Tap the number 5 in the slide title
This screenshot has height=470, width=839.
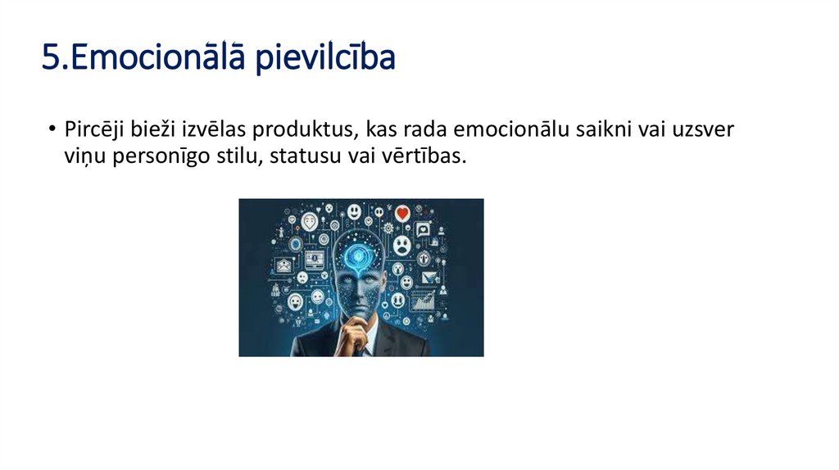coord(50,59)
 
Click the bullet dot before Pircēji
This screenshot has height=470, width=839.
coord(52,130)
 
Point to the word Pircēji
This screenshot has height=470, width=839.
coord(93,129)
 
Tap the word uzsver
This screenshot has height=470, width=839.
coord(709,129)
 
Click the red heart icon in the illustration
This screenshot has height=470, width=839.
coord(401,214)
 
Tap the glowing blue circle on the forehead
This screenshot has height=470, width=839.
coord(357,255)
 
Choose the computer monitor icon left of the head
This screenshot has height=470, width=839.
coord(315,260)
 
